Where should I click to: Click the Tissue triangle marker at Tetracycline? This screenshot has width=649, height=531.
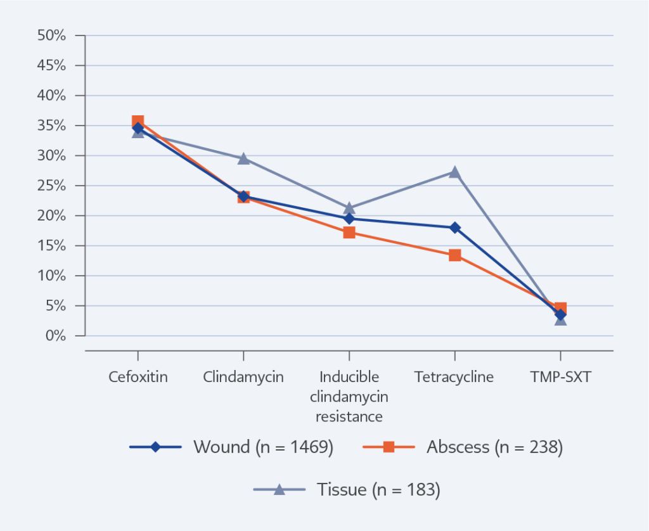tap(455, 172)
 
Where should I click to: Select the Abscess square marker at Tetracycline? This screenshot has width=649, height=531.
tap(455, 255)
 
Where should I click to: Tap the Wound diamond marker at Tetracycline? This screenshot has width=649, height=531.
tap(455, 227)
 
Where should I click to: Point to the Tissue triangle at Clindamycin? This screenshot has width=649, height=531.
tap(243, 159)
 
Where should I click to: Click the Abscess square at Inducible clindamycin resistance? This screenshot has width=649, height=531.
tap(349, 232)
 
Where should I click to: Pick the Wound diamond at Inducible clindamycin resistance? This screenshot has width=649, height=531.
tap(349, 218)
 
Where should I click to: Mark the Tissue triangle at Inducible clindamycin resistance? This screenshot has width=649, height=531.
tap(349, 208)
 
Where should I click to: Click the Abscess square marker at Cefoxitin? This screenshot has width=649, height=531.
tap(138, 122)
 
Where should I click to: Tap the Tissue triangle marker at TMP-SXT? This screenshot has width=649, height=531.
tap(560, 320)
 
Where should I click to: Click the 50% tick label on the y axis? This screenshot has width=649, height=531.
tap(51, 35)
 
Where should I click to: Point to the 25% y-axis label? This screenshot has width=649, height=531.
tap(51, 186)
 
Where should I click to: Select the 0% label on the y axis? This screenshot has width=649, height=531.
tap(56, 336)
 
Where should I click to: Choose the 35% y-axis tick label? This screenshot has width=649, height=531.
tap(51, 126)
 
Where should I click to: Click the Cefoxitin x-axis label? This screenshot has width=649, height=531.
tap(138, 376)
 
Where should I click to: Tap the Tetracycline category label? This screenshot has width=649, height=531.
tap(454, 377)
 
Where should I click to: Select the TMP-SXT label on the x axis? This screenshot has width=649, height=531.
tap(560, 377)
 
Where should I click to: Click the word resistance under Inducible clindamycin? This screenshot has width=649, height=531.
tap(349, 416)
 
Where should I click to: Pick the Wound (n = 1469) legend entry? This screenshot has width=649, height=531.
tap(231, 447)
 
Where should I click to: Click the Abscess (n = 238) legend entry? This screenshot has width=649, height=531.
tap(463, 447)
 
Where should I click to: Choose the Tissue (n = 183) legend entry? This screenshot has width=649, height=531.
tap(347, 490)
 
